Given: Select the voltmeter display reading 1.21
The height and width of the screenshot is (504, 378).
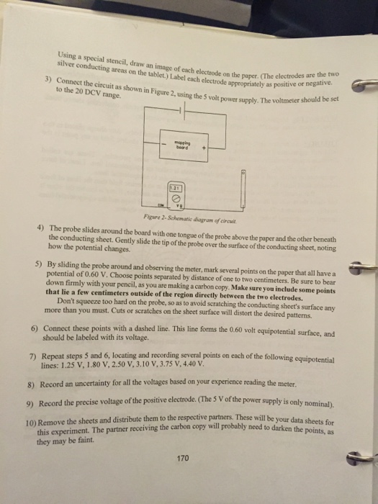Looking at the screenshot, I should tap(174, 186).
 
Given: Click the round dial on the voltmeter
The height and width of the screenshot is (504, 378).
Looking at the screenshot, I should tap(175, 197).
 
